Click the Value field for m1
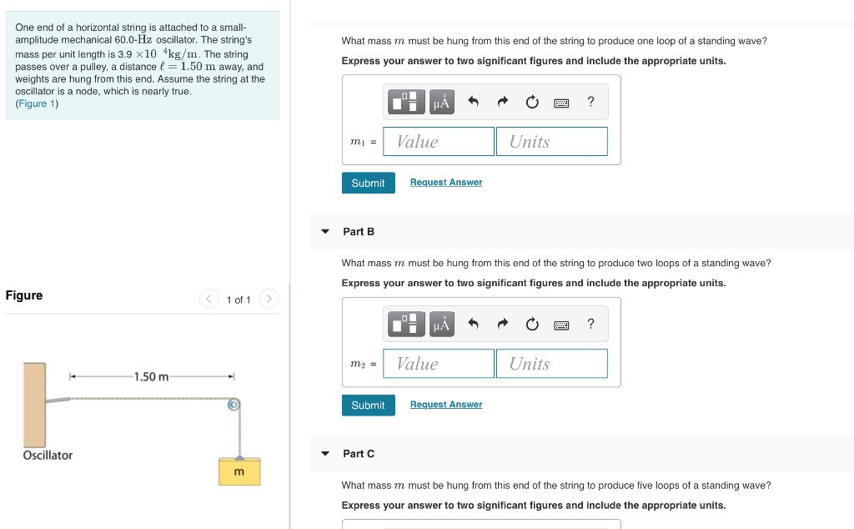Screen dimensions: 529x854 click(x=439, y=142)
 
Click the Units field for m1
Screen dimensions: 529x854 click(x=551, y=142)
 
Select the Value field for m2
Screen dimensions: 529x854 click(x=439, y=364)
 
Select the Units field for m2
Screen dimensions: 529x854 click(x=551, y=364)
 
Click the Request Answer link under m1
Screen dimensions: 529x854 click(x=446, y=183)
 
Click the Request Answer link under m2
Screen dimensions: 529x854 click(x=446, y=405)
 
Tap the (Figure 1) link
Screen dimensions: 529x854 click(x=38, y=103)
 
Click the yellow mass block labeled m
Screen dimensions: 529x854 click(x=239, y=472)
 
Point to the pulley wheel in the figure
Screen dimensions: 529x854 click(x=234, y=405)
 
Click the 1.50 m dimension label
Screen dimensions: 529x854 click(x=151, y=377)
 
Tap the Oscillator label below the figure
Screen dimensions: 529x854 click(x=48, y=456)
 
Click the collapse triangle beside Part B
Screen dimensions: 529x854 click(x=325, y=232)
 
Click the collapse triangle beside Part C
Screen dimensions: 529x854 click(x=325, y=454)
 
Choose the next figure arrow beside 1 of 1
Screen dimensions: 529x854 click(x=269, y=299)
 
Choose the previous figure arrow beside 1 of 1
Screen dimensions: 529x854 click(x=208, y=299)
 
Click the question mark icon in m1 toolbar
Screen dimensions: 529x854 click(x=590, y=102)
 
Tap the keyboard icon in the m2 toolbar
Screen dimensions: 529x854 click(x=561, y=325)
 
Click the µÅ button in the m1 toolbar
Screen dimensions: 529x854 click(x=441, y=103)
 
